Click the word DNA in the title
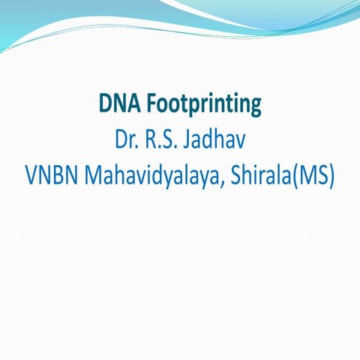pos(116,103)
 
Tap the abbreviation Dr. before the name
pos(127,140)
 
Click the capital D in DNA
pos(105,103)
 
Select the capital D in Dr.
pos(120,140)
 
